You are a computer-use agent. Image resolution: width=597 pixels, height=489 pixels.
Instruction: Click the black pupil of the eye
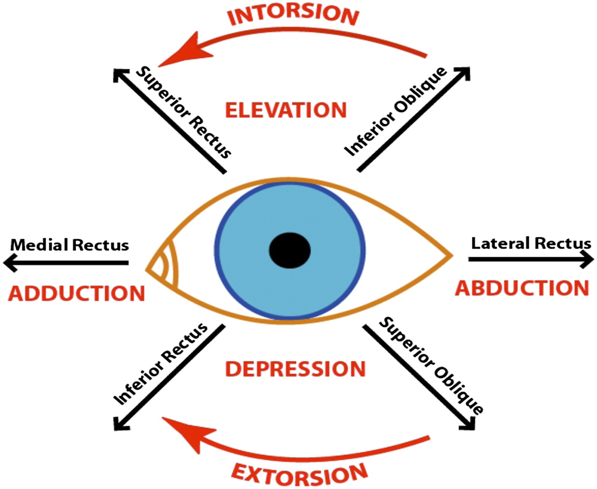290,250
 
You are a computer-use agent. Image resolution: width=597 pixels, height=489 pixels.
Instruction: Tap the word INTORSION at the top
293,14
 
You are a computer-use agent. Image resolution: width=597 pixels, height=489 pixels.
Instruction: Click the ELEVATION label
286,110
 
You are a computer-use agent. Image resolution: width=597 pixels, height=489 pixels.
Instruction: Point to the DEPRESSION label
295,369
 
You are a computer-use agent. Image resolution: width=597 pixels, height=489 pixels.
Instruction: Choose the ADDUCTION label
77,294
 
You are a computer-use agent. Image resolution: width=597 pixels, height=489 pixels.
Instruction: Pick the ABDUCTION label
522,288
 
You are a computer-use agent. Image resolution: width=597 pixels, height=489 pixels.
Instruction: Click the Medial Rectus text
69,245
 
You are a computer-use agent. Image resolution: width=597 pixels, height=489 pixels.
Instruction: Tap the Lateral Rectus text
531,243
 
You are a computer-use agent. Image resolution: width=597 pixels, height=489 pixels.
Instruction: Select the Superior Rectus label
184,112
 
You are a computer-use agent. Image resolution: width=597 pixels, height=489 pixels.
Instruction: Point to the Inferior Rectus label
160,364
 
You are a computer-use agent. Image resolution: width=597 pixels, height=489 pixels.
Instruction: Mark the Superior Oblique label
431,365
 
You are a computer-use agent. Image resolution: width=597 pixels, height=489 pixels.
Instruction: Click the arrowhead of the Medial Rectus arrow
10,262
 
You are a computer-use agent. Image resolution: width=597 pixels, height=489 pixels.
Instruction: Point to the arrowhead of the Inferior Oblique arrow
463,74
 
